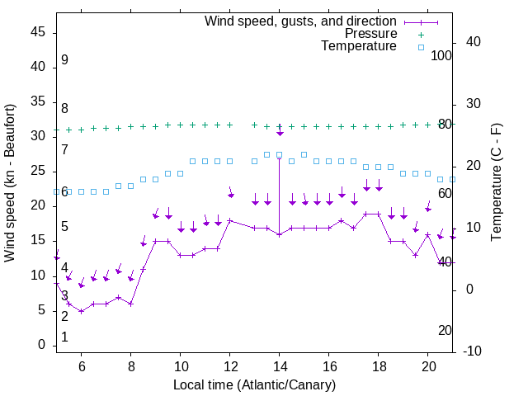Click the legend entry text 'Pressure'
tap(370, 34)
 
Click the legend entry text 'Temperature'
tap(359, 47)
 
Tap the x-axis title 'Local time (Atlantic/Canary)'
tap(255, 385)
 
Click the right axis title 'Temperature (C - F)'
tap(496, 183)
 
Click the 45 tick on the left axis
tap(39, 32)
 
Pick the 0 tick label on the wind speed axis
tap(42, 345)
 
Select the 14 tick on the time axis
tap(280, 366)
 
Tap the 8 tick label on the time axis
tap(131, 366)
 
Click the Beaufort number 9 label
tap(64, 60)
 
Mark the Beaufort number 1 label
tap(64, 337)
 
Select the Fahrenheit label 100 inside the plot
tap(442, 55)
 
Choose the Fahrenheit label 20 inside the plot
tap(445, 330)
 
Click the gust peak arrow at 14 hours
tap(280, 132)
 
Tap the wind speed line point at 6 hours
tap(82, 311)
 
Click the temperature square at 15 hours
tap(304, 154)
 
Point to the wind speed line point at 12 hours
tap(230, 220)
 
